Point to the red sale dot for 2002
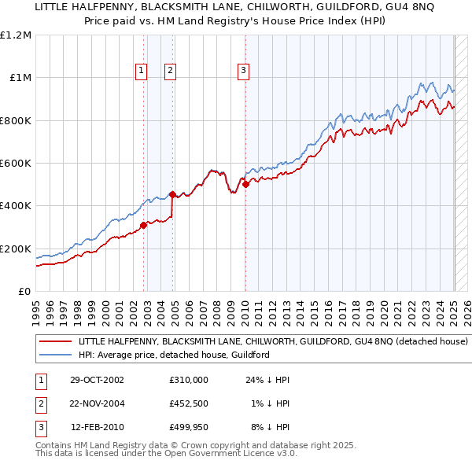(x=144, y=225)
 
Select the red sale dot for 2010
(x=245, y=185)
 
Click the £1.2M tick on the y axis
(x=16, y=35)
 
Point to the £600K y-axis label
(x=16, y=163)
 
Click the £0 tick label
(x=24, y=291)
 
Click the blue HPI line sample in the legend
(x=57, y=355)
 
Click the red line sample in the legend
(x=57, y=342)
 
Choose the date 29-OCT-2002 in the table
(x=97, y=380)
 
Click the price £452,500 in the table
(x=188, y=403)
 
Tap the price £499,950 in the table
(x=188, y=427)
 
